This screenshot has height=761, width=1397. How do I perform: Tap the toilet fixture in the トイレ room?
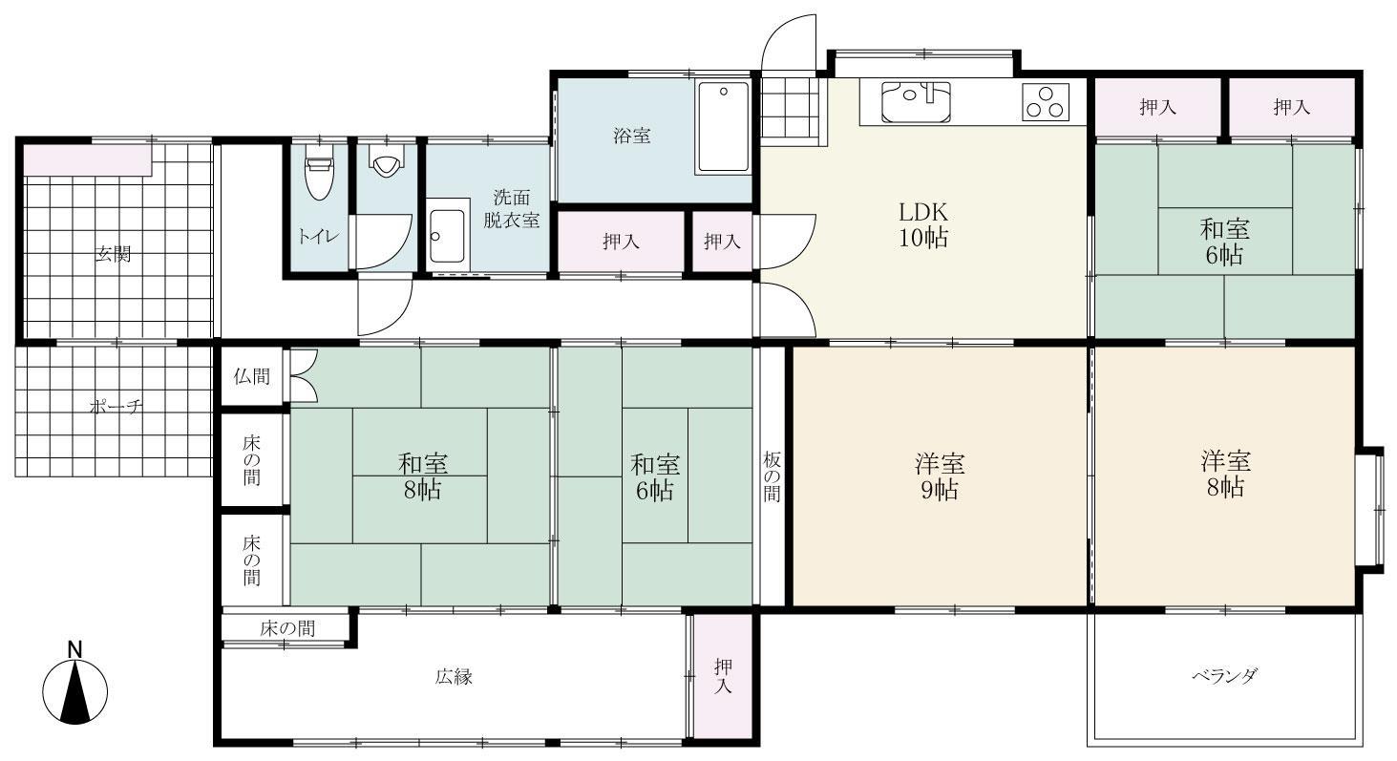(x=319, y=178)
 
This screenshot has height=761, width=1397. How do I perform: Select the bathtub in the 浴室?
(x=724, y=127)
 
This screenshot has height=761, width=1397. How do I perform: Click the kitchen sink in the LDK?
(x=916, y=102)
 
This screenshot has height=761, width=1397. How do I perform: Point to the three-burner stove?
(x=1046, y=102)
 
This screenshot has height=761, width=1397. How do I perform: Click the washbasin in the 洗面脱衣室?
(x=448, y=236)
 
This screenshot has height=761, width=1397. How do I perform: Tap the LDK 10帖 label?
(x=923, y=225)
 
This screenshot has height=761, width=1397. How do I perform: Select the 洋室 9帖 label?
(x=940, y=477)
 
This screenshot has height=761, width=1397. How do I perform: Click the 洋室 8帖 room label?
(x=1225, y=474)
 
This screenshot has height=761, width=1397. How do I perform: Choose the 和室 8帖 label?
(x=423, y=477)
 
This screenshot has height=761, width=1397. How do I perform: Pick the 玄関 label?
(x=113, y=255)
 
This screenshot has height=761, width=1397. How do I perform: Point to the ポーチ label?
(x=116, y=408)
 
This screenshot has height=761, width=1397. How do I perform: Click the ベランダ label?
(x=1225, y=676)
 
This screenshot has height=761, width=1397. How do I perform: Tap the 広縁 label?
(x=454, y=677)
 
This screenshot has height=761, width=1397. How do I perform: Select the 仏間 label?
(x=252, y=377)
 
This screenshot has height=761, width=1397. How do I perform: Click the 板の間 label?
(x=772, y=477)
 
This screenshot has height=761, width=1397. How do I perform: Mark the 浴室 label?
(x=632, y=136)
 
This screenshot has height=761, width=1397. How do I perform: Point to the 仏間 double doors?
(x=304, y=376)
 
